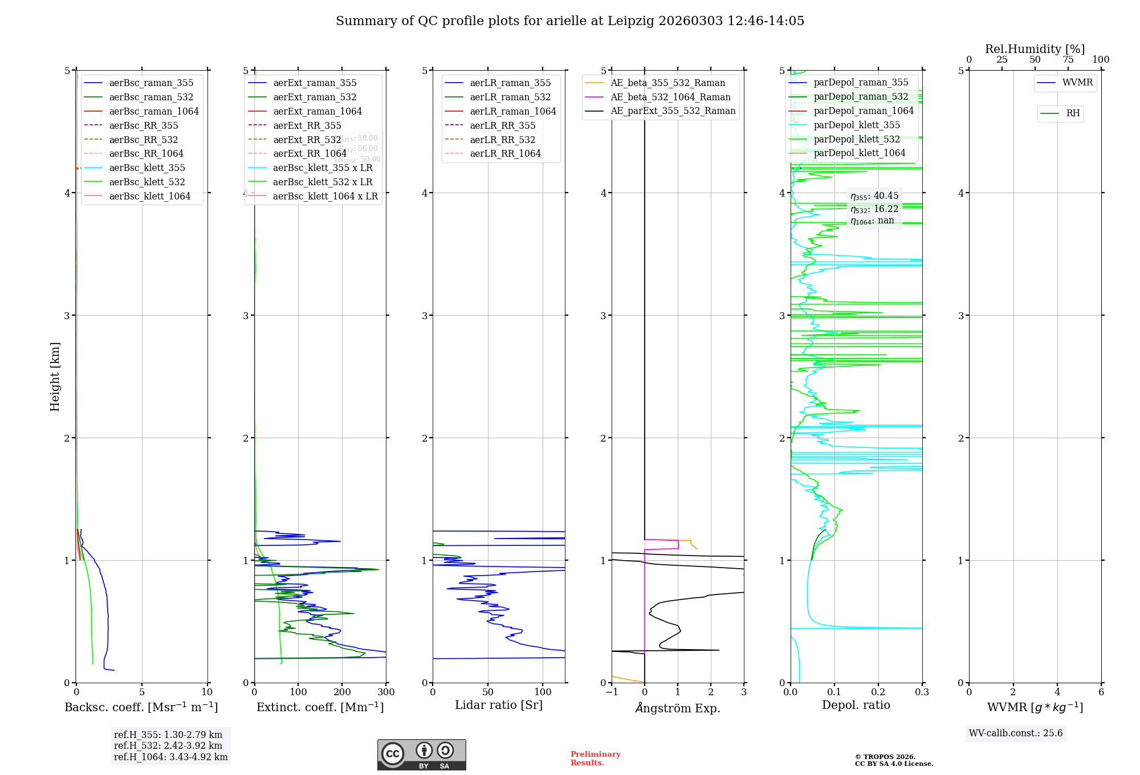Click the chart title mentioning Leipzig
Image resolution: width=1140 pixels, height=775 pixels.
pyautogui.click(x=569, y=21)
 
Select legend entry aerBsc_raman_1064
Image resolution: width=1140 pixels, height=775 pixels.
pyautogui.click(x=154, y=111)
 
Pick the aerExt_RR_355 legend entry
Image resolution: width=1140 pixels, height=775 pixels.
pyautogui.click(x=307, y=125)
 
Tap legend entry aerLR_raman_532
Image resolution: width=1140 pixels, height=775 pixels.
pyautogui.click(x=510, y=97)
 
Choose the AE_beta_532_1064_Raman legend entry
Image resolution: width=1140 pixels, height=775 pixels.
pyautogui.click(x=670, y=97)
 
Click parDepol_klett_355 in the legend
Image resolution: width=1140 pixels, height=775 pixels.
pyautogui.click(x=857, y=125)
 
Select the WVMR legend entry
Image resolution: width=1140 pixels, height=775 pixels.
pyautogui.click(x=1077, y=83)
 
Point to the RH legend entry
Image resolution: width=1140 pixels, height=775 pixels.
pyautogui.click(x=1073, y=113)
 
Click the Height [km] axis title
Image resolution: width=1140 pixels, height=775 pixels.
pyautogui.click(x=55, y=376)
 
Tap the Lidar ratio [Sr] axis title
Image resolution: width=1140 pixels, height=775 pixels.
pyautogui.click(x=499, y=705)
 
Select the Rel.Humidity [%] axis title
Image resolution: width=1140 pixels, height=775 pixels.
pyautogui.click(x=1035, y=49)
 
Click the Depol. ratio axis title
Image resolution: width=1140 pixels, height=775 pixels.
pyautogui.click(x=856, y=705)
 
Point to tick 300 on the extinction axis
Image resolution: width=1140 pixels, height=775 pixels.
pyautogui.click(x=386, y=692)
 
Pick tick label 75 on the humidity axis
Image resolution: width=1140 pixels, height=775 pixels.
pyautogui.click(x=1068, y=60)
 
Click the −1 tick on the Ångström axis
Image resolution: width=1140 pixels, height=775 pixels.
pyautogui.click(x=612, y=692)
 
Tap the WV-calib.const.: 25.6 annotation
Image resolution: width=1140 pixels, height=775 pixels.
pyautogui.click(x=1016, y=733)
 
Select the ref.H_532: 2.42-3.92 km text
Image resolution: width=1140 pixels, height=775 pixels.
pyautogui.click(x=168, y=746)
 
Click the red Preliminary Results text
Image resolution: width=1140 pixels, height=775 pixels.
pyautogui.click(x=595, y=758)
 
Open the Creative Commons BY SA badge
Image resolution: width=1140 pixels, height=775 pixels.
pyautogui.click(x=421, y=755)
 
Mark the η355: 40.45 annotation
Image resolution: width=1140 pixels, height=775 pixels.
pyautogui.click(x=874, y=196)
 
